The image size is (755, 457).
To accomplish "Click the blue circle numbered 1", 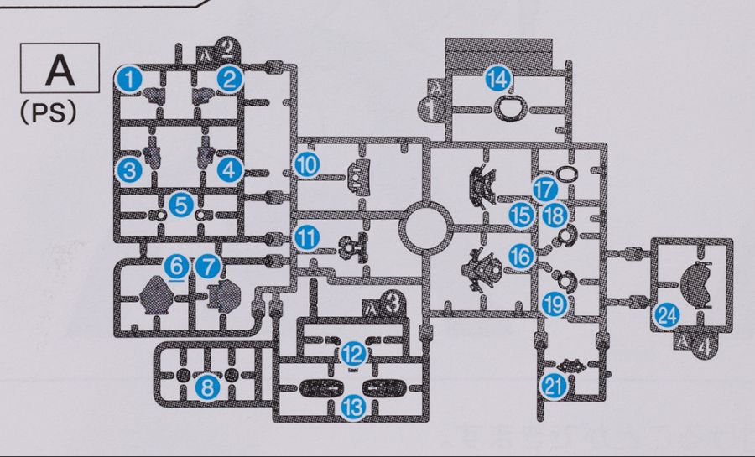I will pos(128,79).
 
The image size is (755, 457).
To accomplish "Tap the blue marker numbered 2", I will pos(228,79).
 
